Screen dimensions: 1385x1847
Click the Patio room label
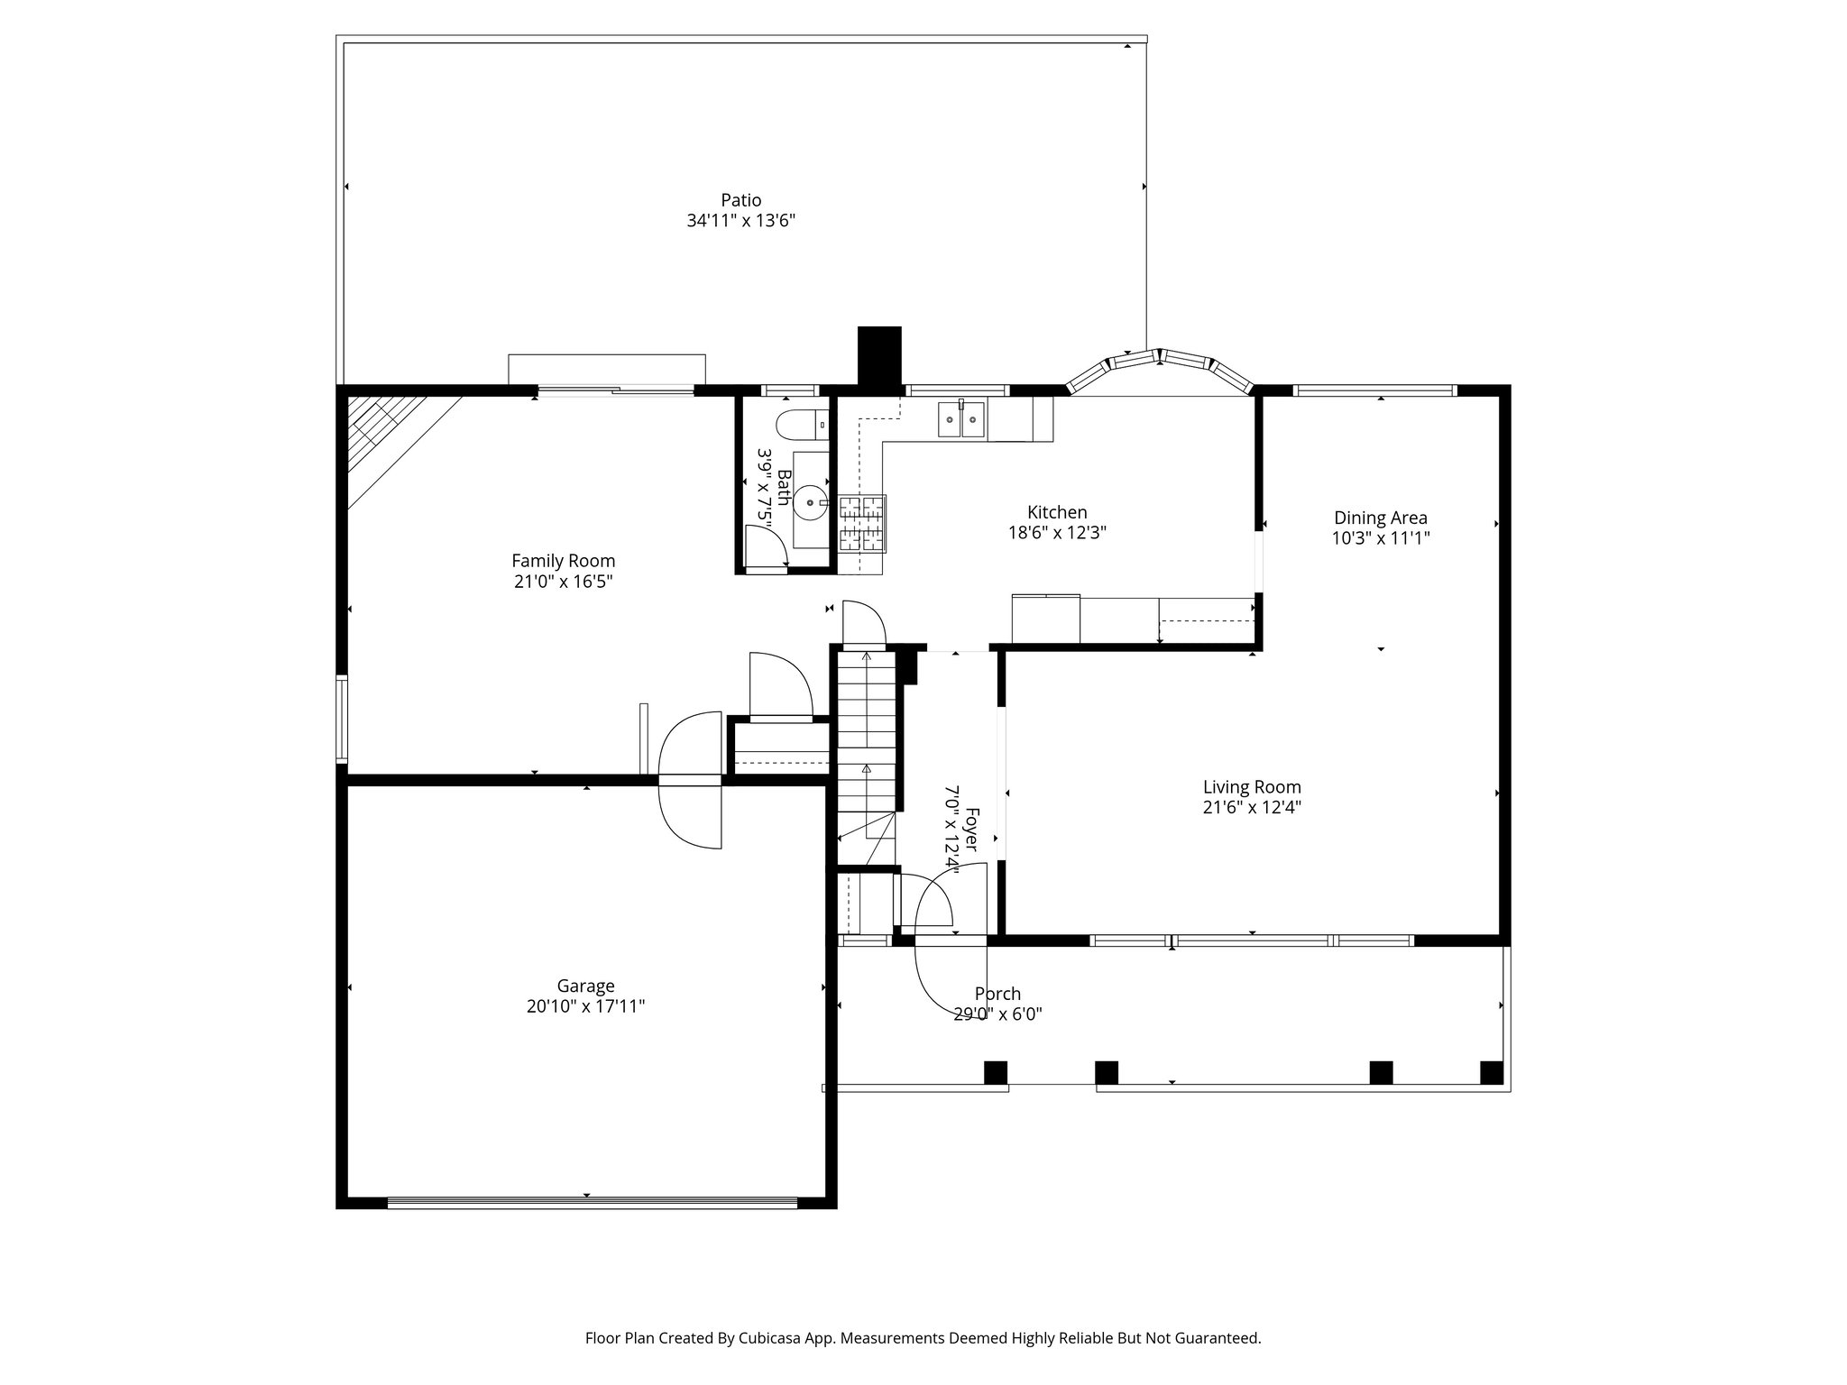pyautogui.click(x=740, y=200)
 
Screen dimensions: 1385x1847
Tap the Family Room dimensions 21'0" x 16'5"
pyautogui.click(x=563, y=582)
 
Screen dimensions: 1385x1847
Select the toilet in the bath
pyautogui.click(x=801, y=422)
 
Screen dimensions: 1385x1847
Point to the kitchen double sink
pyautogui.click(x=961, y=420)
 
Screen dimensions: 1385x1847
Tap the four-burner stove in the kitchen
pyautogui.click(x=862, y=523)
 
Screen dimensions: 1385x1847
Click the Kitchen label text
pyautogui.click(x=1057, y=513)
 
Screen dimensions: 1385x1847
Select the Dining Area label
pyautogui.click(x=1380, y=518)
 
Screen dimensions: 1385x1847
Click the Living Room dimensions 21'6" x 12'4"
pyautogui.click(x=1252, y=807)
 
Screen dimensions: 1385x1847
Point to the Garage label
pyautogui.click(x=585, y=986)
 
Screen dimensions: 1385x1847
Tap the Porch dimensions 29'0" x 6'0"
pyautogui.click(x=997, y=1014)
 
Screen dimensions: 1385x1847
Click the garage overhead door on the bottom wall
pyautogui.click(x=592, y=1202)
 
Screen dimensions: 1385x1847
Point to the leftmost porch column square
pyautogui.click(x=995, y=1072)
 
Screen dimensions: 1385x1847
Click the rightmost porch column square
pyautogui.click(x=1492, y=1072)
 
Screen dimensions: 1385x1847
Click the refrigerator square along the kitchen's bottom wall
pyautogui.click(x=1045, y=619)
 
